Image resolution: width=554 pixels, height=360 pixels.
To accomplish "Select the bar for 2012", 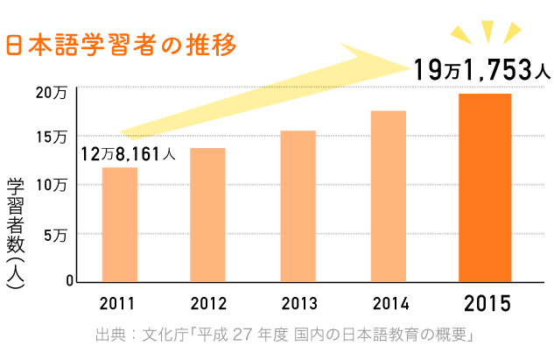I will coord(207,215).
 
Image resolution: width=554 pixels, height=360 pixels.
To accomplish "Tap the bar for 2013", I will coord(298,207).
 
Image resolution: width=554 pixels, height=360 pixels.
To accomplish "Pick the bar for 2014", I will coord(389,196).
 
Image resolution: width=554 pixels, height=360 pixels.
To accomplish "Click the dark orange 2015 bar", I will coord(485,187).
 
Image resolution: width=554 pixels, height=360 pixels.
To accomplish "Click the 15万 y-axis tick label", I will coord(52,138).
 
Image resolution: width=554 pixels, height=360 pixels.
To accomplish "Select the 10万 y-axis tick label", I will coord(52,185).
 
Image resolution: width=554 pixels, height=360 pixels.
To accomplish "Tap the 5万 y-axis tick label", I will coord(55,234).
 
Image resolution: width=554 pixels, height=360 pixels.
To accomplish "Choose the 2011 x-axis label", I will coord(117,305).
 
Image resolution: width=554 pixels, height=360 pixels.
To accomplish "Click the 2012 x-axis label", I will coord(208,305).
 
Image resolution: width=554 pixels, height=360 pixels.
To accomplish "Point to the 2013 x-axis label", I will coord(299,305).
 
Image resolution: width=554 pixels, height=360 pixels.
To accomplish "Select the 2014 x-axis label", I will coord(390,305).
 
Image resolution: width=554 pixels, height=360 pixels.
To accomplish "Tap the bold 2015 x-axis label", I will coord(487,305).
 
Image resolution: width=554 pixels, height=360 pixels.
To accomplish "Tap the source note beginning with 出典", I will coord(284,337).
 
